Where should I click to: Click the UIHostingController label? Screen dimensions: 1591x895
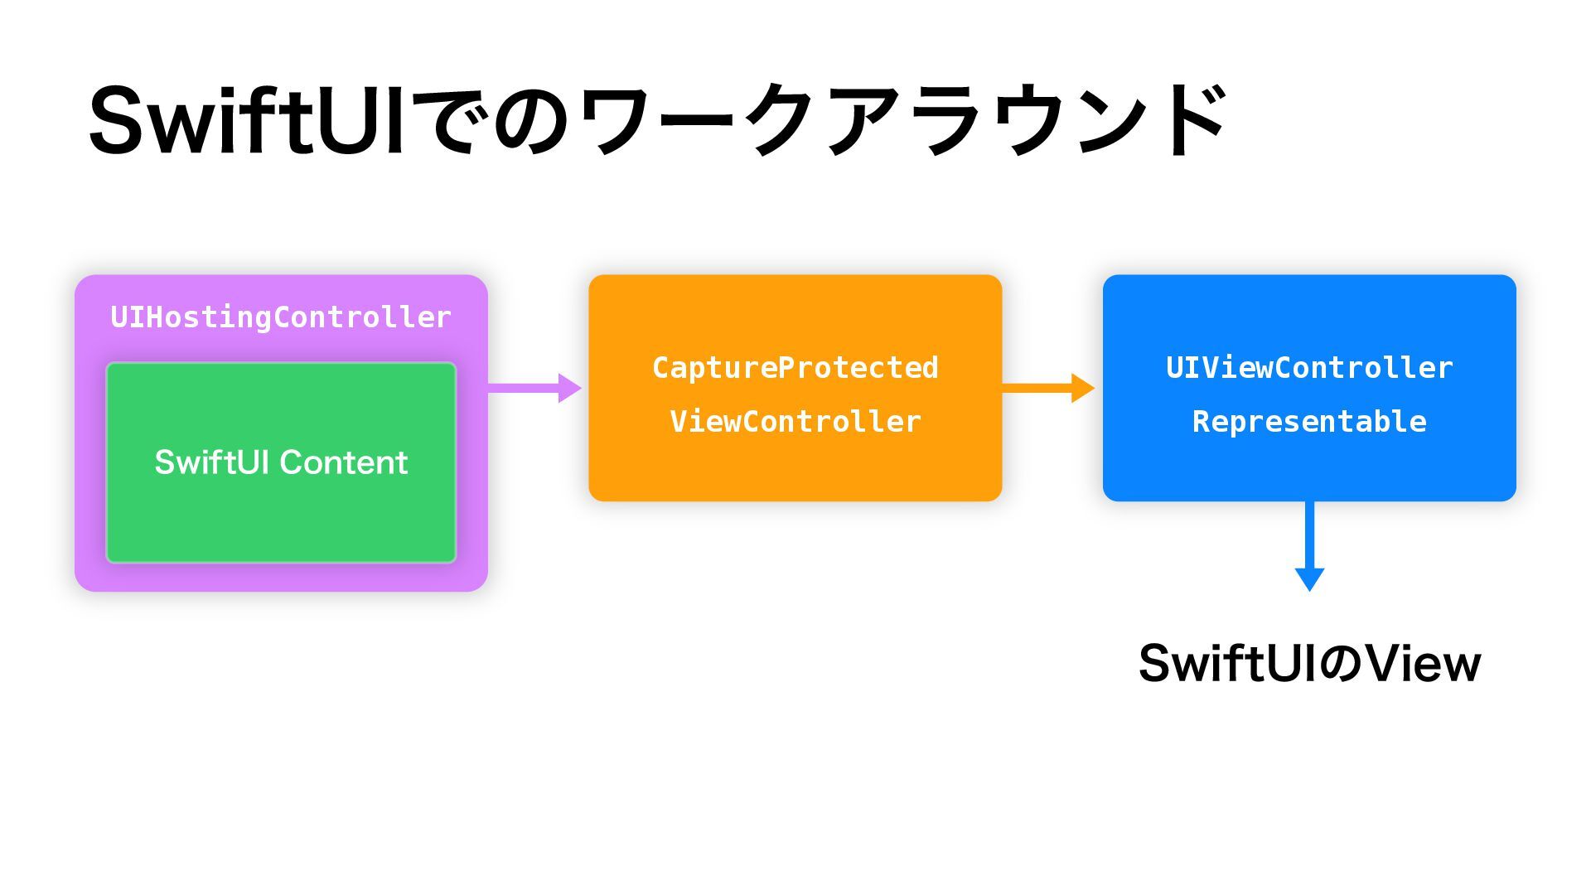click(281, 317)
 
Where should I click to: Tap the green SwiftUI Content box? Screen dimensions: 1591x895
click(281, 462)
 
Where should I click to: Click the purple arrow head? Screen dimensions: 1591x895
click(570, 388)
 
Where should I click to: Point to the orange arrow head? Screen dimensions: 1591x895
click(1083, 388)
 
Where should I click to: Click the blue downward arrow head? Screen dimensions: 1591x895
click(1309, 579)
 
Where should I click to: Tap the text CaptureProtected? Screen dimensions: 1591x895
click(795, 368)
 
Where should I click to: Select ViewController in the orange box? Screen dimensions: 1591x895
click(795, 422)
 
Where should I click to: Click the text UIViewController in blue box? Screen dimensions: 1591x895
click(1309, 368)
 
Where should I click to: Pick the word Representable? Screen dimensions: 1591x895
click(1309, 422)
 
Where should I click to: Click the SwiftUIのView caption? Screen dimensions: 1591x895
click(1309, 663)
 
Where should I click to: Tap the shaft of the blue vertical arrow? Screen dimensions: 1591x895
click(1309, 535)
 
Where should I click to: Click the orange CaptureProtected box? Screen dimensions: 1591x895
click(795, 388)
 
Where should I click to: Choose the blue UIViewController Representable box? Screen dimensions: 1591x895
click(1309, 388)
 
